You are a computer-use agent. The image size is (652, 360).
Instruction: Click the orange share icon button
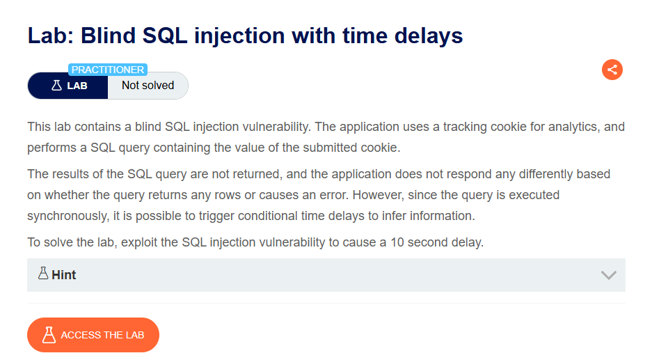[612, 70]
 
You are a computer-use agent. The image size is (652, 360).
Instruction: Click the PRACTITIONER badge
[108, 70]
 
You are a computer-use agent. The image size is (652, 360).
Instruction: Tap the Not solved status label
[148, 86]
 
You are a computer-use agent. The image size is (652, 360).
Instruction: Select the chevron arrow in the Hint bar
[608, 275]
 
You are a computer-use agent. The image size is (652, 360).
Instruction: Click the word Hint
[63, 275]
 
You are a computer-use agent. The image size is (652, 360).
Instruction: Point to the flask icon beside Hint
[43, 273]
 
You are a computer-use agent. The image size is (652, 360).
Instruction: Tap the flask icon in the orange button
[49, 335]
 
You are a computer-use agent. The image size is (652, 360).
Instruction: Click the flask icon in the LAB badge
[56, 86]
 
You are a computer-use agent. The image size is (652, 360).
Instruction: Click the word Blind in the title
[108, 36]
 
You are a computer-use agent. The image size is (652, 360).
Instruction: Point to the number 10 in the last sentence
[397, 242]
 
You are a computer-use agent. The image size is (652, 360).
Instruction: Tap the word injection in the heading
[239, 36]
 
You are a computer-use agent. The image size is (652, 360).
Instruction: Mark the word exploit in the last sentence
[137, 242]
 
